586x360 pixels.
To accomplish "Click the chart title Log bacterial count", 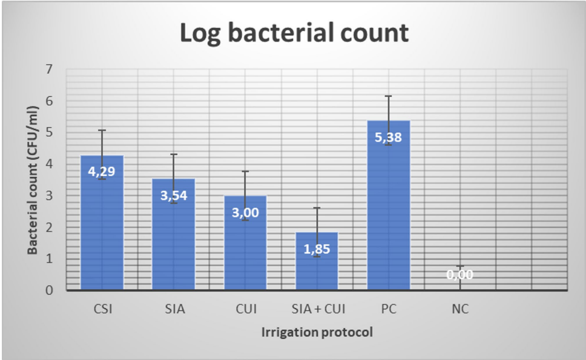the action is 294,33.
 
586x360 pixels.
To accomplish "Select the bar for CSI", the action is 102,223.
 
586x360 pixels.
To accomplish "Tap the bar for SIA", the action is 174,234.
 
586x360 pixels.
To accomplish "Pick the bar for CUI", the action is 246,243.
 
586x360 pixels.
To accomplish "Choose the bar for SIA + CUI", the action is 317,261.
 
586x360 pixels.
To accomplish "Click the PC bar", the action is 389,205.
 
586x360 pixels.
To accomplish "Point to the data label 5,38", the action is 388,137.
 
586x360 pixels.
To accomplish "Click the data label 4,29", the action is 102,171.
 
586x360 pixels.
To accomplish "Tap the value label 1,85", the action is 317,249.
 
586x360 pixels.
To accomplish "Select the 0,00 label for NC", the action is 460,275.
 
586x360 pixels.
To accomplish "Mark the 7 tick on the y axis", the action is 49,69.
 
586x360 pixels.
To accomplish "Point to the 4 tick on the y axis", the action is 49,164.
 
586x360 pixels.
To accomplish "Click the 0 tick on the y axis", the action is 49,290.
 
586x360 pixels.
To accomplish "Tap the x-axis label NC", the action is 460,309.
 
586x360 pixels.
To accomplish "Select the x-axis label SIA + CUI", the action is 318,309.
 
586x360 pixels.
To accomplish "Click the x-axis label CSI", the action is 103,309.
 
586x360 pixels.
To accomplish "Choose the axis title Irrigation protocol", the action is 317,332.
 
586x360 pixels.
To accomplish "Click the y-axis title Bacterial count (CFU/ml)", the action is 33,180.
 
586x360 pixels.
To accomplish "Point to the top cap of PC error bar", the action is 389,96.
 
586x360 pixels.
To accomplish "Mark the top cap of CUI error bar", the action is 246,171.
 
